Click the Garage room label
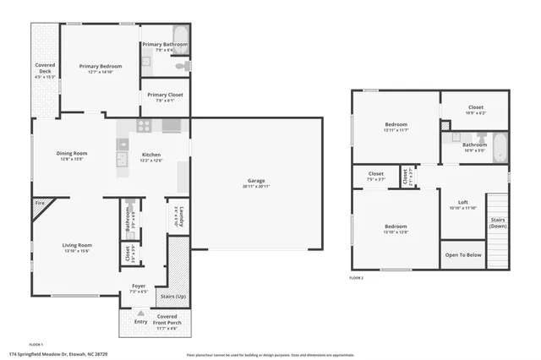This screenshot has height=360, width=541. [x=256, y=181]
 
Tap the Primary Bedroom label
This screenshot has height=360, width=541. [x=101, y=66]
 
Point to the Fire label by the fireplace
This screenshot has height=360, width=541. [x=39, y=203]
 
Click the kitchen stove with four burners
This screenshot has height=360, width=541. [x=145, y=127]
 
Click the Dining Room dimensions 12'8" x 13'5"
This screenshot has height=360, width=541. [x=72, y=159]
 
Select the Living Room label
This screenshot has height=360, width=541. [x=76, y=246]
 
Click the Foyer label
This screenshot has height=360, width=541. [x=139, y=286]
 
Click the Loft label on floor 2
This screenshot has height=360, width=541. [x=462, y=202]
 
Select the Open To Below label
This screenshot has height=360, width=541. [x=463, y=254]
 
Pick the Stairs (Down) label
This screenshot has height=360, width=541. [x=498, y=223]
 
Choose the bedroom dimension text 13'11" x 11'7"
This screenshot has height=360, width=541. [x=396, y=130]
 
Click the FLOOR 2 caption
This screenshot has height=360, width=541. [x=357, y=277]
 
